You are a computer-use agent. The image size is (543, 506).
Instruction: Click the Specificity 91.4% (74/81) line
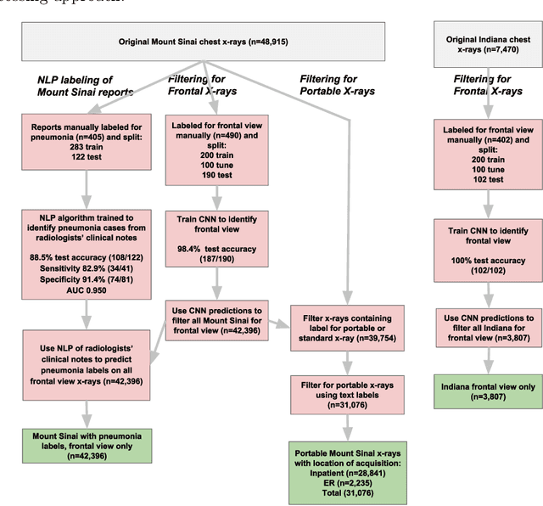[83, 275]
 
